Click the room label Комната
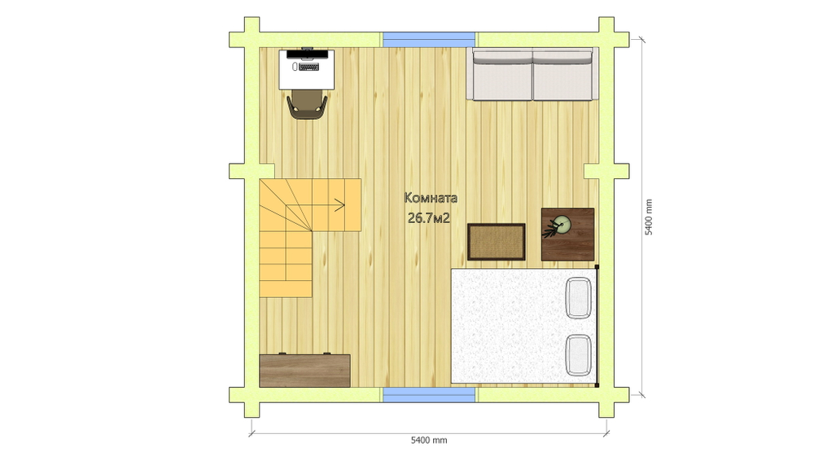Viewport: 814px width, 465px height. point(431,198)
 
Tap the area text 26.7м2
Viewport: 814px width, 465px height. point(429,218)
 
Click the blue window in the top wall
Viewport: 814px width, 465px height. point(429,39)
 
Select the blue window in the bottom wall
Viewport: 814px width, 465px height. point(429,395)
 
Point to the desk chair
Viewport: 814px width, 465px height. point(308,105)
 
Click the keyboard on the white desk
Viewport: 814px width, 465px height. point(309,67)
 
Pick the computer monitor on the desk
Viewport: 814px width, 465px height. point(308,52)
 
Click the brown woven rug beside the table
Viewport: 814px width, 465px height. point(497,242)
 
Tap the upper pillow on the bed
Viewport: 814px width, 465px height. point(578,298)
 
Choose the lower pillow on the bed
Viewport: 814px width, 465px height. point(578,355)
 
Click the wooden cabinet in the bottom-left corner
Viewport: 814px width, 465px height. point(304,371)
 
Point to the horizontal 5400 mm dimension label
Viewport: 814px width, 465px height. point(429,440)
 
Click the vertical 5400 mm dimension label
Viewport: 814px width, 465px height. point(649,217)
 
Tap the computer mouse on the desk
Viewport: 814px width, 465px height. point(295,67)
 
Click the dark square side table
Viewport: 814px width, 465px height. point(568,235)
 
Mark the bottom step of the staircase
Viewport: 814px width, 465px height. point(286,289)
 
